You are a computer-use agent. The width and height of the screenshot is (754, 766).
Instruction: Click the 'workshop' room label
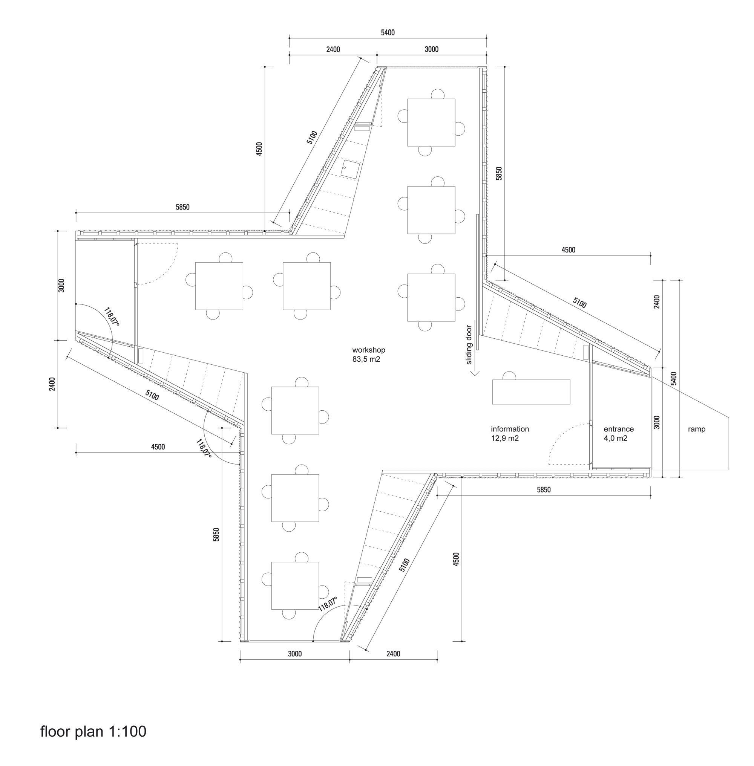coord(368,350)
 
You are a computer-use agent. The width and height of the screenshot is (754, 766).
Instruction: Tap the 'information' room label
coord(510,429)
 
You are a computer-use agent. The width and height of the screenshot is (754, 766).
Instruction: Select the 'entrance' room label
coord(619,429)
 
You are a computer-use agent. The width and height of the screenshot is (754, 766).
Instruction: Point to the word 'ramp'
coord(697,429)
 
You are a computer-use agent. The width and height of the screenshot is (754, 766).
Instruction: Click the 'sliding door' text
coord(469,344)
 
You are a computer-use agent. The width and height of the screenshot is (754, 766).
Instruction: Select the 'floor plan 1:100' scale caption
coord(93,731)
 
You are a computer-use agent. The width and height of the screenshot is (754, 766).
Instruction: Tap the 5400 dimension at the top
coord(388,32)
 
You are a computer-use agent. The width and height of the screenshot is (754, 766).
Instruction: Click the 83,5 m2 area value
coord(366,359)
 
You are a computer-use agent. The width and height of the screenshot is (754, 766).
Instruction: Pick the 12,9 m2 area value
coord(504,438)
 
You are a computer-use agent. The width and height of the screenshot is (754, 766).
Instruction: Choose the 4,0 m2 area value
coord(615,438)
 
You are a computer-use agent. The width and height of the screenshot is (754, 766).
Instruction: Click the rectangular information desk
coord(531,392)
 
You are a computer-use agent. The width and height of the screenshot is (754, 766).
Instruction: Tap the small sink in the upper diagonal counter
coord(350,169)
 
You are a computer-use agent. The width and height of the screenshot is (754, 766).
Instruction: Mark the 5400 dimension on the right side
coord(674,378)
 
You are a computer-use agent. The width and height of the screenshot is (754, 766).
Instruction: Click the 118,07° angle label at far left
coord(112,317)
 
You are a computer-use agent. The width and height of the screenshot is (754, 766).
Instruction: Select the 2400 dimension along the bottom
coord(393,654)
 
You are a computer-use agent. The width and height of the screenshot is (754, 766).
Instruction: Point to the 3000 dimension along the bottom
coord(295,654)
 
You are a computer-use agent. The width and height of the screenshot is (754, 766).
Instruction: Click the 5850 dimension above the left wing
coord(182,207)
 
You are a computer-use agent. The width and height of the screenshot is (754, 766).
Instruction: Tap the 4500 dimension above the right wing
coord(568,250)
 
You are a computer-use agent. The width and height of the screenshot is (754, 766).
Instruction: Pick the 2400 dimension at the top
coord(333,49)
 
